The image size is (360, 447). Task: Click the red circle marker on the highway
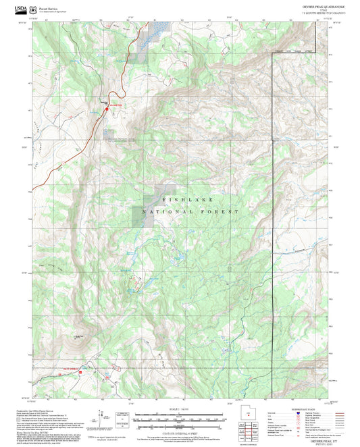[x=105, y=103]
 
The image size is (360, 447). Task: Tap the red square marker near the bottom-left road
[x=80, y=370]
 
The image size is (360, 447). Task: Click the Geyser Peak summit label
[x=80, y=336]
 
